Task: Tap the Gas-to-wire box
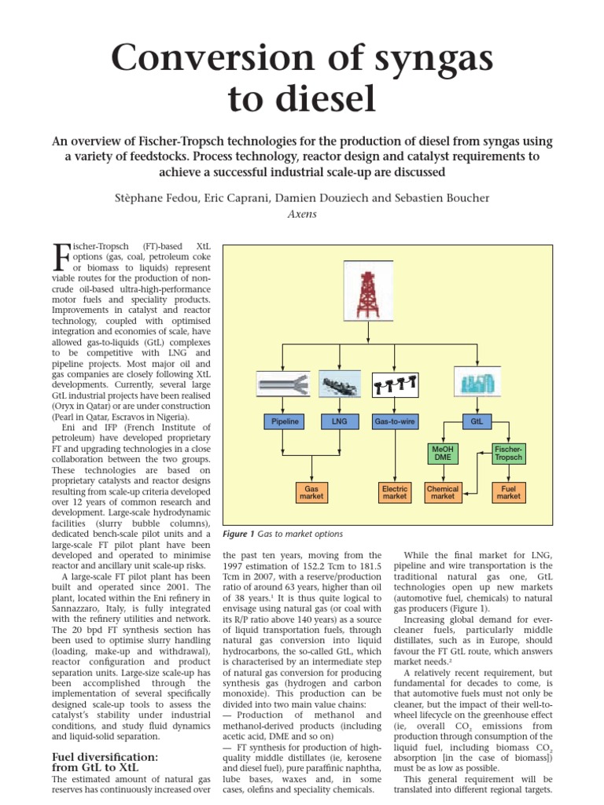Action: pyautogui.click(x=394, y=422)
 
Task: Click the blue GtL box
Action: pyautogui.click(x=477, y=422)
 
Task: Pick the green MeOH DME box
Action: pyautogui.click(x=443, y=453)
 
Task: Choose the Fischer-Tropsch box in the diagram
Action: pyautogui.click(x=508, y=453)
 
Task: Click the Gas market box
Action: pyautogui.click(x=311, y=493)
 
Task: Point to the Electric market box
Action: pyautogui.click(x=394, y=493)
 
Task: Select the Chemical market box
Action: pyautogui.click(x=443, y=493)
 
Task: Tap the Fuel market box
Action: pyautogui.click(x=508, y=493)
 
